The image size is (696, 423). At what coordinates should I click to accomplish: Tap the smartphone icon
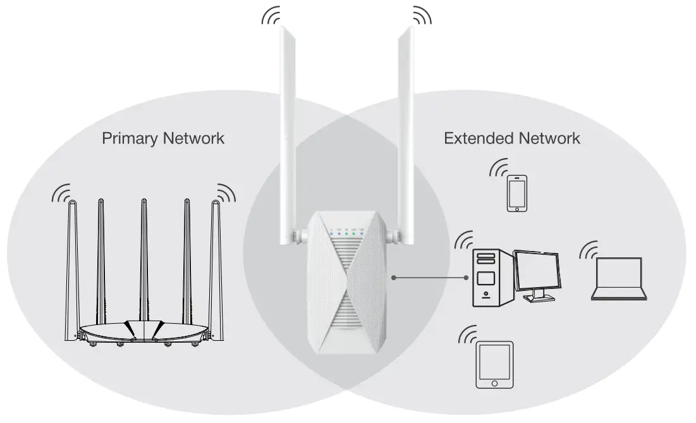tap(516, 193)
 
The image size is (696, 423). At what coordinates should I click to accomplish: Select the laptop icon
tap(618, 279)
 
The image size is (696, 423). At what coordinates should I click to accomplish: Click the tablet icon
tap(494, 365)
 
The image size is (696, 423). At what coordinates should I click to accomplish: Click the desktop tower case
tap(486, 277)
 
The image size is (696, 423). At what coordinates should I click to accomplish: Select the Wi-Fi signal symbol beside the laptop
tap(590, 250)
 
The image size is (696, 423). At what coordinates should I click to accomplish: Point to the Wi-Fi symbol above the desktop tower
tap(465, 240)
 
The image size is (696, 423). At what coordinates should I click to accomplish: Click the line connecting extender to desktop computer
tap(430, 278)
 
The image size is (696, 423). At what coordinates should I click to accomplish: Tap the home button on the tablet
tap(494, 383)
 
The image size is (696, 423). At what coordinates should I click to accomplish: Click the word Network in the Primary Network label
tap(194, 138)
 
